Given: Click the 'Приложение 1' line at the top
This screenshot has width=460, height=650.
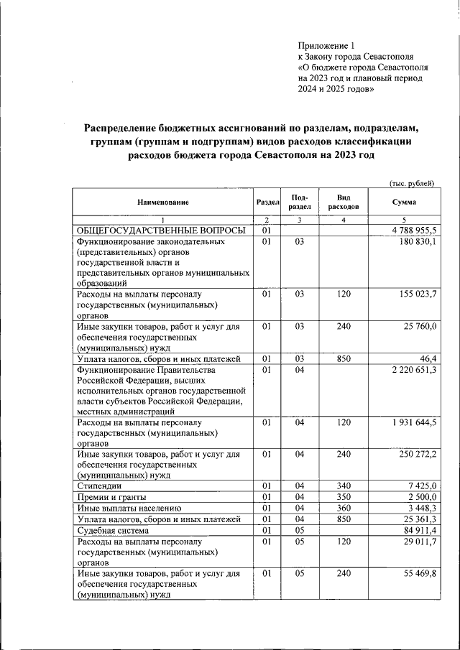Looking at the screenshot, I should (x=327, y=45).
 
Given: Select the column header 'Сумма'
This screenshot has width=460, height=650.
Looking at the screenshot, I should (x=405, y=202).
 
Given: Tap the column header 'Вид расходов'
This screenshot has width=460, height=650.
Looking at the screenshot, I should (x=344, y=202).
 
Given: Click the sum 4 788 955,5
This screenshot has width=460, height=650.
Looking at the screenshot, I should (x=415, y=231).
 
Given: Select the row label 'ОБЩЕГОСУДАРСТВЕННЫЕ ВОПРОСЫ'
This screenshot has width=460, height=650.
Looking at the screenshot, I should (x=161, y=231).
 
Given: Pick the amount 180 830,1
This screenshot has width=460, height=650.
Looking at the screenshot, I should (x=418, y=242).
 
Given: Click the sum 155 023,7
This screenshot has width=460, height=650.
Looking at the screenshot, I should (x=418, y=294).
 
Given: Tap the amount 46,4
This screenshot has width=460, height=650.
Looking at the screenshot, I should (x=428, y=358).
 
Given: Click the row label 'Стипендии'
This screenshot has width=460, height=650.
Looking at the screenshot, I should (x=99, y=486).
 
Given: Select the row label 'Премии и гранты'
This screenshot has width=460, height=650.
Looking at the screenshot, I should (x=112, y=497).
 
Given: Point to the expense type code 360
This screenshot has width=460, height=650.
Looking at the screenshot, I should (x=344, y=508).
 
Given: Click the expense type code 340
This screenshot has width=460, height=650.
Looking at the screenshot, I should (x=344, y=486).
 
